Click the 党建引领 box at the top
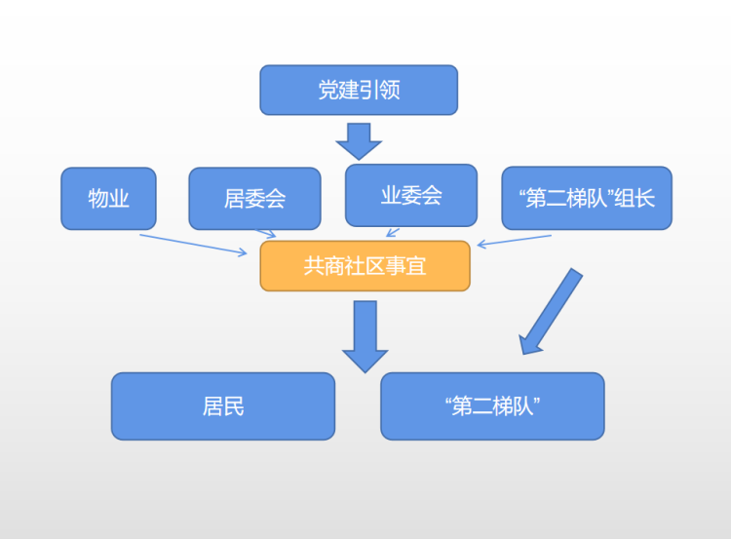click(358, 90)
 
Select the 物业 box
click(109, 199)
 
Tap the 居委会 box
click(254, 199)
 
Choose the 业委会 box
click(411, 195)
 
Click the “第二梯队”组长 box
click(586, 198)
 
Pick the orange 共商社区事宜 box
click(365, 265)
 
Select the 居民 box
click(222, 405)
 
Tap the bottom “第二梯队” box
click(492, 405)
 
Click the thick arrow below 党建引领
click(359, 140)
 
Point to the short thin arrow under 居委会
click(266, 233)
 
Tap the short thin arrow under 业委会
click(393, 232)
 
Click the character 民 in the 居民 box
click(234, 405)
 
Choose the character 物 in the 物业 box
click(97, 199)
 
